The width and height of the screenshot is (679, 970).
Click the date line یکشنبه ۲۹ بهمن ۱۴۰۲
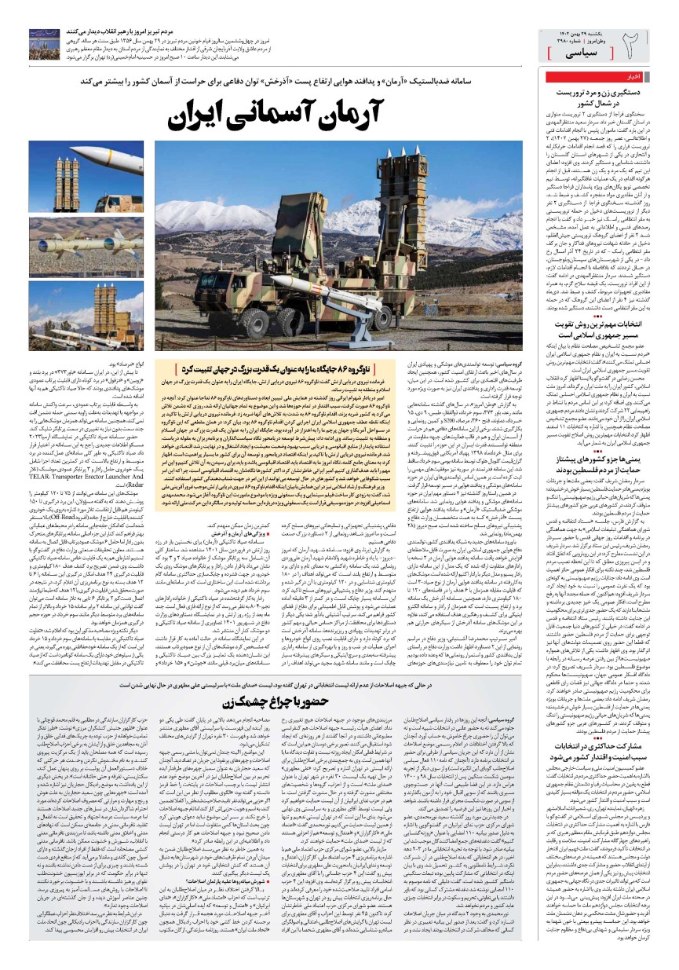574,29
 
